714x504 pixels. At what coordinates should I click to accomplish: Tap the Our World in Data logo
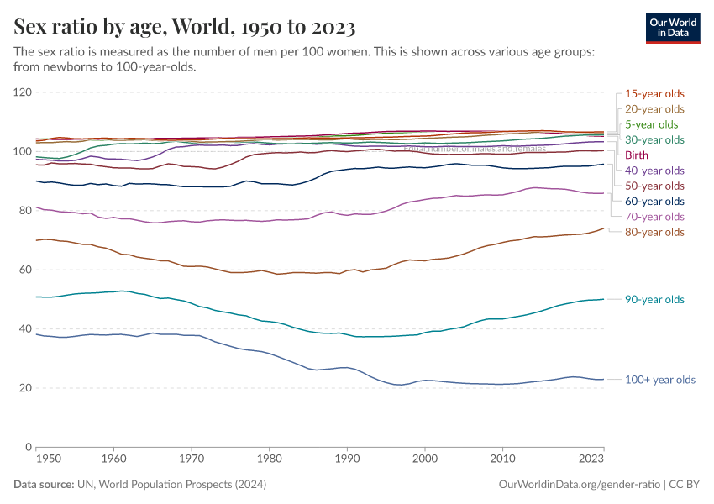click(x=672, y=27)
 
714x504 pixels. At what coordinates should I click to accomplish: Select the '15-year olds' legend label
click(x=654, y=93)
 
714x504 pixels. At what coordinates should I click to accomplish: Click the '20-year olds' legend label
click(x=654, y=109)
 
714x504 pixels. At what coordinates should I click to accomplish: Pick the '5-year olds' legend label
click(x=651, y=124)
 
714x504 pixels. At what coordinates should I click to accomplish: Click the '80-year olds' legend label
click(x=654, y=232)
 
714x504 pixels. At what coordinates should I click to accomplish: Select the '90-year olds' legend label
click(x=654, y=300)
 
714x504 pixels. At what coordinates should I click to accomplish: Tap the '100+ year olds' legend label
click(x=660, y=380)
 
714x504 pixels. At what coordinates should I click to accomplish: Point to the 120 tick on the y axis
click(x=22, y=92)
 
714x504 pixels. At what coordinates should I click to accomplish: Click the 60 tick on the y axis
click(x=24, y=270)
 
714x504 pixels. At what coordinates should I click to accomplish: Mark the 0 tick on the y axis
click(x=28, y=447)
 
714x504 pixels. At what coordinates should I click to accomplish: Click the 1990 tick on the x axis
click(x=347, y=459)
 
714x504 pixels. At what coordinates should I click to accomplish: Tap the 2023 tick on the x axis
click(x=591, y=459)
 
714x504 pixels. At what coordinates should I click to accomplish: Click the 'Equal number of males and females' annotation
click(x=475, y=149)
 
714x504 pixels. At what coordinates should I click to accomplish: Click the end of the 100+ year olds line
click(x=603, y=380)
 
